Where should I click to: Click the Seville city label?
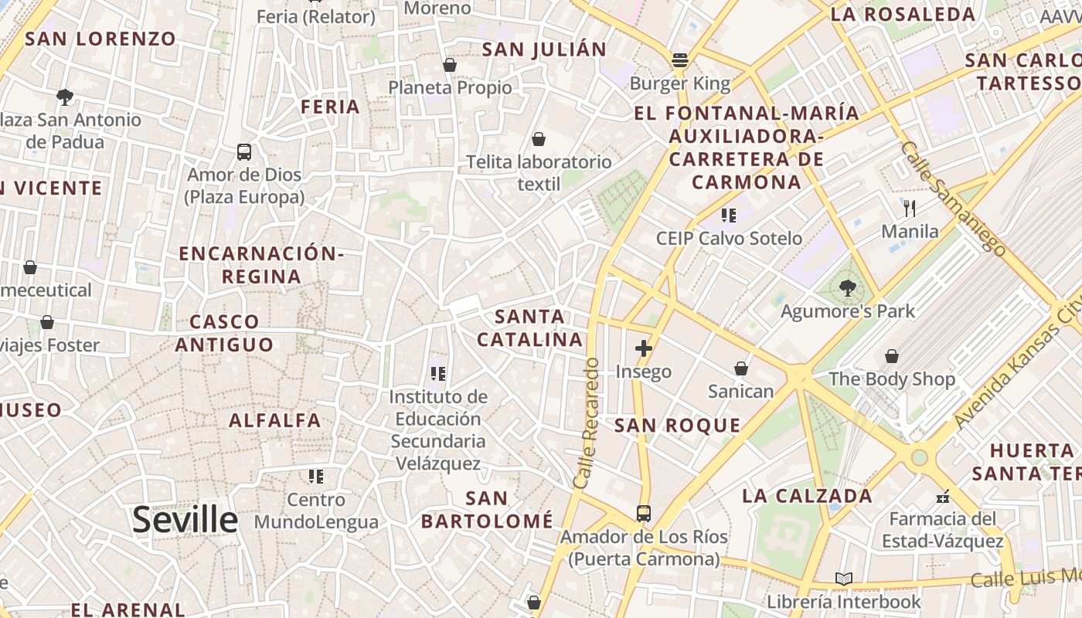click(185, 520)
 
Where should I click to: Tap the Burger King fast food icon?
click(680, 59)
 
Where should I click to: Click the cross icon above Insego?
click(643, 348)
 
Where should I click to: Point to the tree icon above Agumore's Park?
click(848, 288)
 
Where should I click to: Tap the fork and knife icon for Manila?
click(910, 208)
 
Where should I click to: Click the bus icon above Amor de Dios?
click(244, 152)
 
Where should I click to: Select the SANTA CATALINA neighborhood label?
click(529, 328)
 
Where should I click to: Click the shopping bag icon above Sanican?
click(741, 368)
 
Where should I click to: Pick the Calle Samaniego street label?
click(954, 199)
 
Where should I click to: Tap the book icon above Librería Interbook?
click(844, 579)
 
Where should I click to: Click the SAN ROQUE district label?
click(677, 426)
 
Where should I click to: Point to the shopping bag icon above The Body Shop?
click(892, 356)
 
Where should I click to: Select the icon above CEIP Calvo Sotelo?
click(728, 215)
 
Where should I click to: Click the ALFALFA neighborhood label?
click(274, 421)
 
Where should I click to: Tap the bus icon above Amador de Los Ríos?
click(643, 513)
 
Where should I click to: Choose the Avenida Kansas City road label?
click(1019, 363)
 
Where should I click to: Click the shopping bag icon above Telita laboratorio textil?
click(538, 139)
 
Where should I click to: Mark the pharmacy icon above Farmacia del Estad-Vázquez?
click(943, 496)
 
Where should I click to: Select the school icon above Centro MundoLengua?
click(315, 476)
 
